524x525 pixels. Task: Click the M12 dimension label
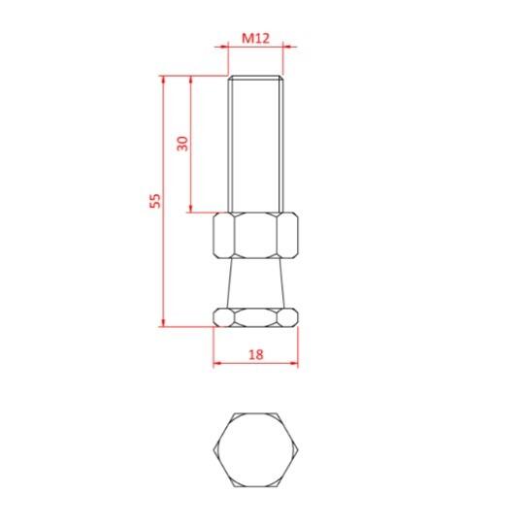[x=255, y=38]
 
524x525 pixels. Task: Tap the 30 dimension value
[x=182, y=144]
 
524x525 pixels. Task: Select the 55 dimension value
[x=155, y=201]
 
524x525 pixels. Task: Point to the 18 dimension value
[x=256, y=354]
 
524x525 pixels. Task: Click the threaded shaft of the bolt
[x=256, y=144]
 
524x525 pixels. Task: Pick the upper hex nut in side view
[x=256, y=236]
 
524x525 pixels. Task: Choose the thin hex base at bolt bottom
[x=256, y=317]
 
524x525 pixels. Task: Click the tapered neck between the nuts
[x=256, y=283]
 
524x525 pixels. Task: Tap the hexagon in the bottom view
[x=256, y=449]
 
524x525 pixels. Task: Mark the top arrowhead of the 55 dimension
[x=163, y=79]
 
